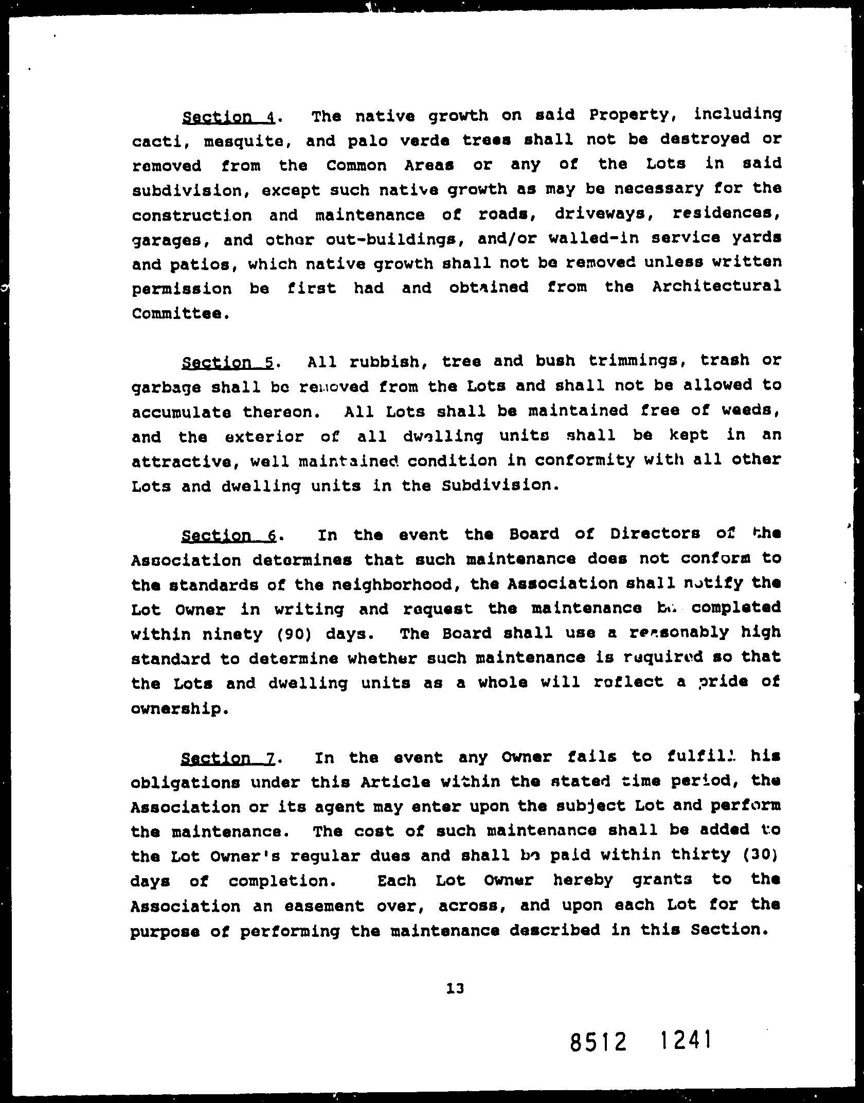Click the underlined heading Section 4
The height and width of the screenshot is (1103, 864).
(229, 117)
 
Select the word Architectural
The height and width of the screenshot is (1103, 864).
(716, 287)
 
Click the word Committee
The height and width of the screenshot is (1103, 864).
(179, 313)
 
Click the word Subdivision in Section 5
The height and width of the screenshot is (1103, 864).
(499, 486)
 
